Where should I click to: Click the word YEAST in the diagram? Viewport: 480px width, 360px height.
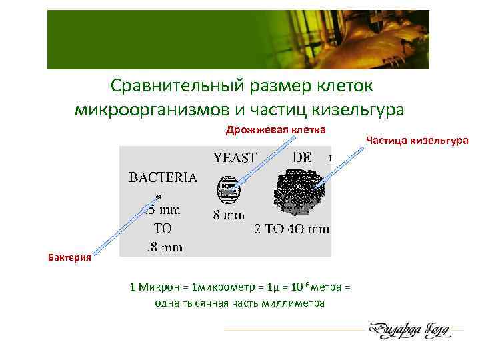coord(235,158)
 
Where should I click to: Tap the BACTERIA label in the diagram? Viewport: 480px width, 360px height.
coord(162,177)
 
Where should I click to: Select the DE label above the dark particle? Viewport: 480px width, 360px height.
coord(302,158)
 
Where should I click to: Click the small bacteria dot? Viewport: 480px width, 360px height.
coord(159,196)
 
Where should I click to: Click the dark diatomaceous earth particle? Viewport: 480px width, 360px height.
coord(298,189)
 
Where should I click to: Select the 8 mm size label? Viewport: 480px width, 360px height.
coord(229,215)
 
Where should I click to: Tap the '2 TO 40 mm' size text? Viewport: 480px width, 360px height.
coord(292,229)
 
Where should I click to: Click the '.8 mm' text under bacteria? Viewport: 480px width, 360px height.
coord(164,247)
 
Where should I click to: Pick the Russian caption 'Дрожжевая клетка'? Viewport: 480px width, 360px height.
coord(275,129)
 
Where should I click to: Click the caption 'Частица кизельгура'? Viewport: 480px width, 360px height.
coord(418,140)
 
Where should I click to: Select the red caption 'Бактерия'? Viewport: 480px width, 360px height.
coord(69,258)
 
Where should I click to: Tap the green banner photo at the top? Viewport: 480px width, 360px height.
coord(238,40)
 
